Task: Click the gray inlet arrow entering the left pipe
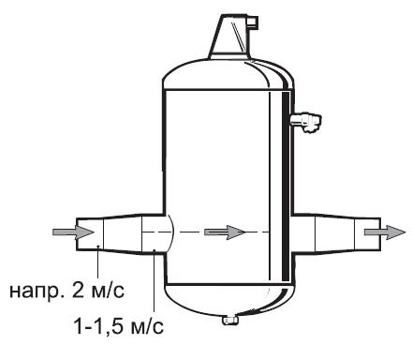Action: (x=73, y=232)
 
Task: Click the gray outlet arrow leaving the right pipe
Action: (x=385, y=232)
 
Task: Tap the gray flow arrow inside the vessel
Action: (x=225, y=232)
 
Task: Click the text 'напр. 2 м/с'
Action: (x=66, y=291)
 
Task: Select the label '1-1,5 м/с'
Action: (x=119, y=326)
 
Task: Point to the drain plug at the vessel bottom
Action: (x=230, y=320)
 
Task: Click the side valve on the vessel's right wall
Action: (x=306, y=122)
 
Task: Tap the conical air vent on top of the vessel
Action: (x=230, y=37)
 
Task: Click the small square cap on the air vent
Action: (x=252, y=22)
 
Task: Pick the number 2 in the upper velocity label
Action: (x=78, y=290)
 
